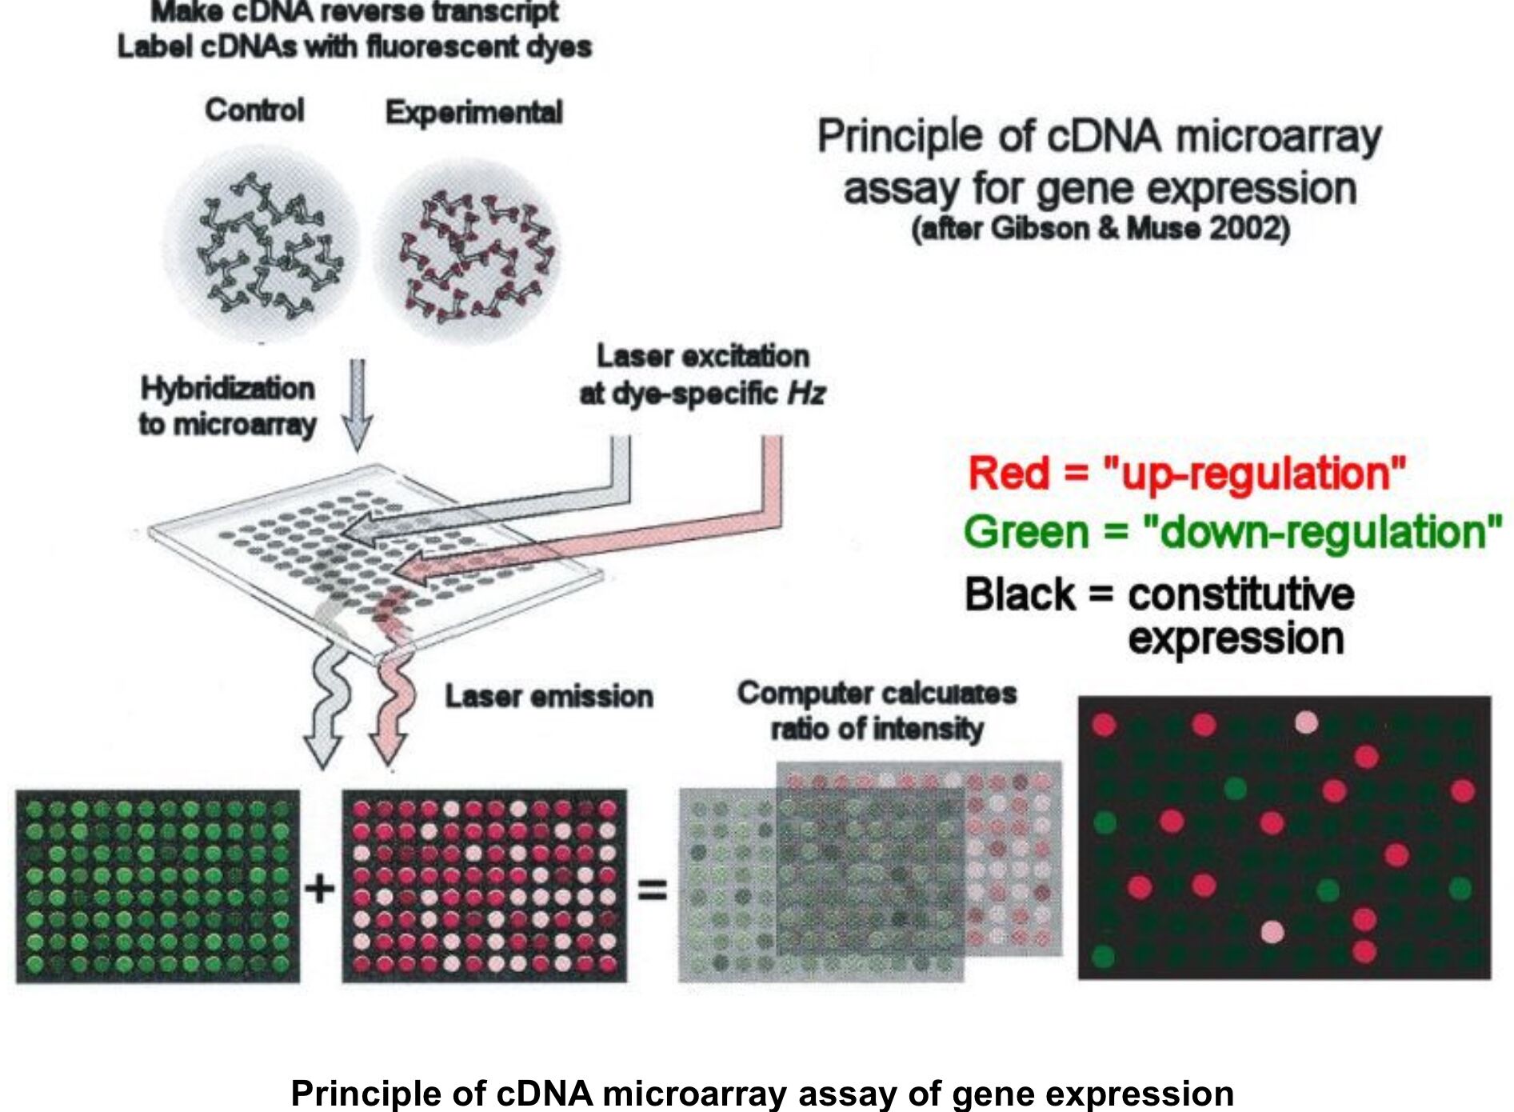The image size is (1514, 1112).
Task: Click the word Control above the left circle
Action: point(254,110)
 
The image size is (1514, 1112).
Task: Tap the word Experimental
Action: point(473,112)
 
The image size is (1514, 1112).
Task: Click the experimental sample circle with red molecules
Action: point(468,252)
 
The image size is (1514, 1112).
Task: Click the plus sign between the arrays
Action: point(320,888)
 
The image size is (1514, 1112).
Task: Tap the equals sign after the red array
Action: point(652,889)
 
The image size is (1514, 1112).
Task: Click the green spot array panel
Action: point(158,886)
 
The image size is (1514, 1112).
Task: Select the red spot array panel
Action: point(485,886)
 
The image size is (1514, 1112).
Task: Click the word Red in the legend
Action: point(1008,473)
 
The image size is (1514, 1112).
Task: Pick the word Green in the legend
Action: point(1026,532)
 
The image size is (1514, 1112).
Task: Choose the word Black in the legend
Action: point(1020,595)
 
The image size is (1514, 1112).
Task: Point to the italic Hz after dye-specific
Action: point(806,394)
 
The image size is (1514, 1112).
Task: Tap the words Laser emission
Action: point(549,696)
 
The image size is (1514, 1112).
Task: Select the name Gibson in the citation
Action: point(1041,229)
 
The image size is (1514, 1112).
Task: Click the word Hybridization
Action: point(228,389)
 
